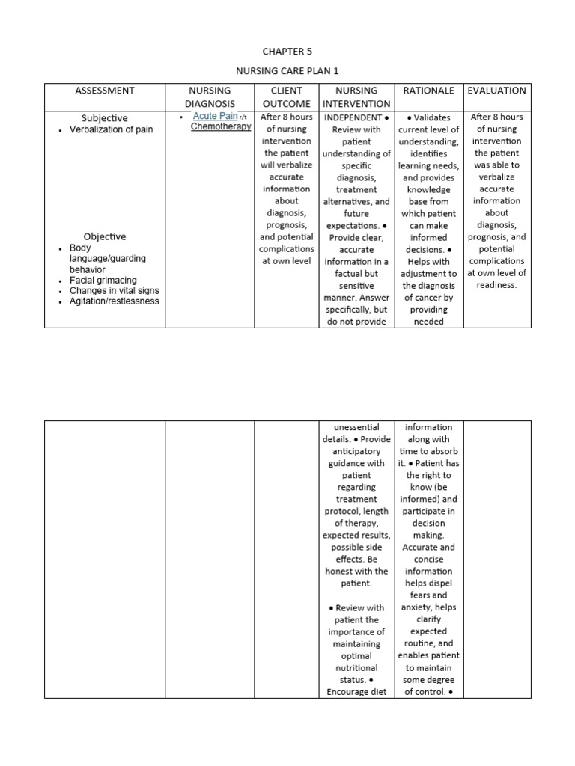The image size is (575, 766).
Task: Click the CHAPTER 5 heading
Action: (x=287, y=52)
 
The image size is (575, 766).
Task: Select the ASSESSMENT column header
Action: (x=105, y=91)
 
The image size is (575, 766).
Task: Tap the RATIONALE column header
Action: (x=429, y=91)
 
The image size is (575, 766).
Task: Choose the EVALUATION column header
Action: (x=496, y=91)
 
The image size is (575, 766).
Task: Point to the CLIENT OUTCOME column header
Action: (x=286, y=96)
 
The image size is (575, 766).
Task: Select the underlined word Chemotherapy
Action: (x=220, y=127)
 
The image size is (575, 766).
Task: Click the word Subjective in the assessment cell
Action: (x=105, y=118)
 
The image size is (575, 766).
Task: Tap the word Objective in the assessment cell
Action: (x=105, y=236)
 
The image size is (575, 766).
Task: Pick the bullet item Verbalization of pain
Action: (x=111, y=129)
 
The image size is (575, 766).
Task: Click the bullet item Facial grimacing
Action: (x=103, y=280)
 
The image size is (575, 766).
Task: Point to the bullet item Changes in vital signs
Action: (x=114, y=290)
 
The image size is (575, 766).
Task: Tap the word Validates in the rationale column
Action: (x=433, y=117)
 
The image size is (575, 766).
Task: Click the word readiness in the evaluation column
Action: (x=496, y=285)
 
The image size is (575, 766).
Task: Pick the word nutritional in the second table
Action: (x=356, y=668)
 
